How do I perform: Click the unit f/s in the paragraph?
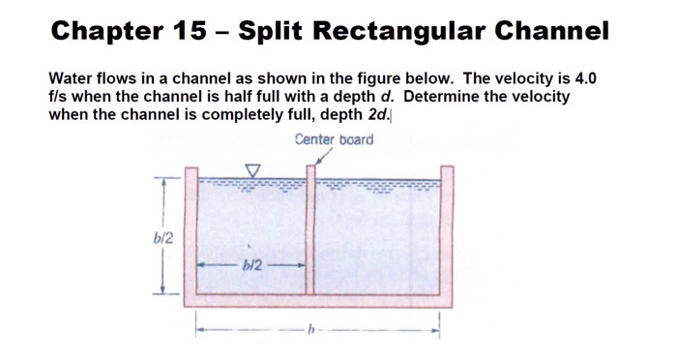coord(61,96)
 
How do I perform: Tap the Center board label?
coord(335,139)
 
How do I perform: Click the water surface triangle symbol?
coord(253,171)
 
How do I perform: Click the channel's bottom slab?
coord(319,300)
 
